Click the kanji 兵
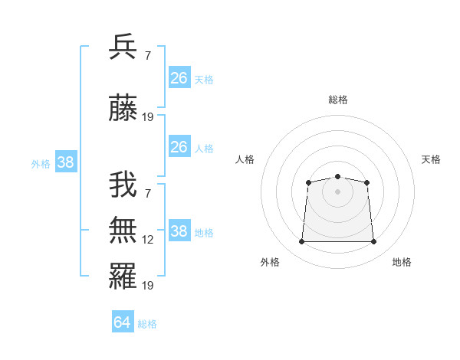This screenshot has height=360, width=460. tap(123, 47)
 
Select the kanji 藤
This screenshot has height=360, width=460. tap(123, 110)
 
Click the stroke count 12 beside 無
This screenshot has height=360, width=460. tap(148, 240)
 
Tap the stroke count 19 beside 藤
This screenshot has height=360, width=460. tap(148, 117)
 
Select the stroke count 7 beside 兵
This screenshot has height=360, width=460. tap(148, 56)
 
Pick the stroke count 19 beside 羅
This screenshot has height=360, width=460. tap(148, 285)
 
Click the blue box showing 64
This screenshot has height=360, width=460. tap(123, 322)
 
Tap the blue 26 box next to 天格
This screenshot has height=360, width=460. tap(179, 78)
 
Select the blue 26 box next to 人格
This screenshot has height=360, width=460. tap(179, 147)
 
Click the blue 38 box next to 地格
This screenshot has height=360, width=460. tap(179, 231)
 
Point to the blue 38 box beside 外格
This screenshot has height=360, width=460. tap(65, 162)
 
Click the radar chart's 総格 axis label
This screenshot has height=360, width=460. tap(337, 100)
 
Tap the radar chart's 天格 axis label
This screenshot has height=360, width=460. tap(431, 159)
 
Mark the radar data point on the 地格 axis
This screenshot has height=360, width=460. tap(374, 242)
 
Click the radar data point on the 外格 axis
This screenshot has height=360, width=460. tap(301, 242)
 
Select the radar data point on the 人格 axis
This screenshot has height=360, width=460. tap(308, 182)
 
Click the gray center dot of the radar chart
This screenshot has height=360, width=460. tap(337, 191)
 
